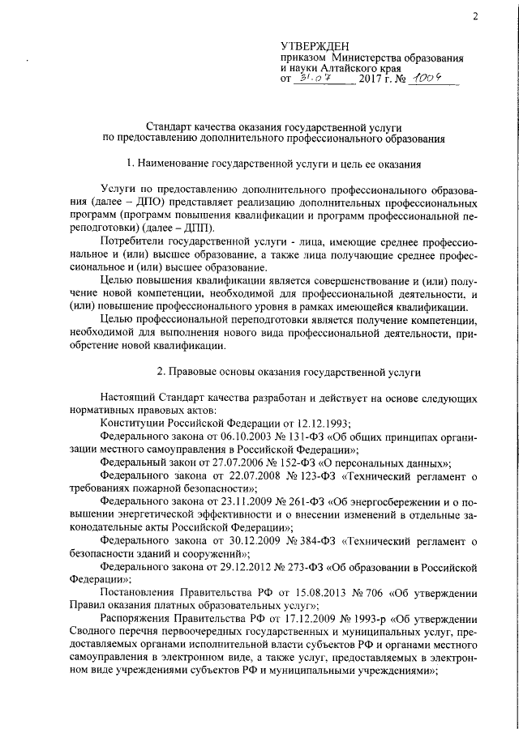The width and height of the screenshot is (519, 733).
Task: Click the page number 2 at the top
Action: point(476,15)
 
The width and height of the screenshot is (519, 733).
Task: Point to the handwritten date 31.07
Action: point(313,79)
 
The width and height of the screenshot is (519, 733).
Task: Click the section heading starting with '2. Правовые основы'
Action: point(277,372)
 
